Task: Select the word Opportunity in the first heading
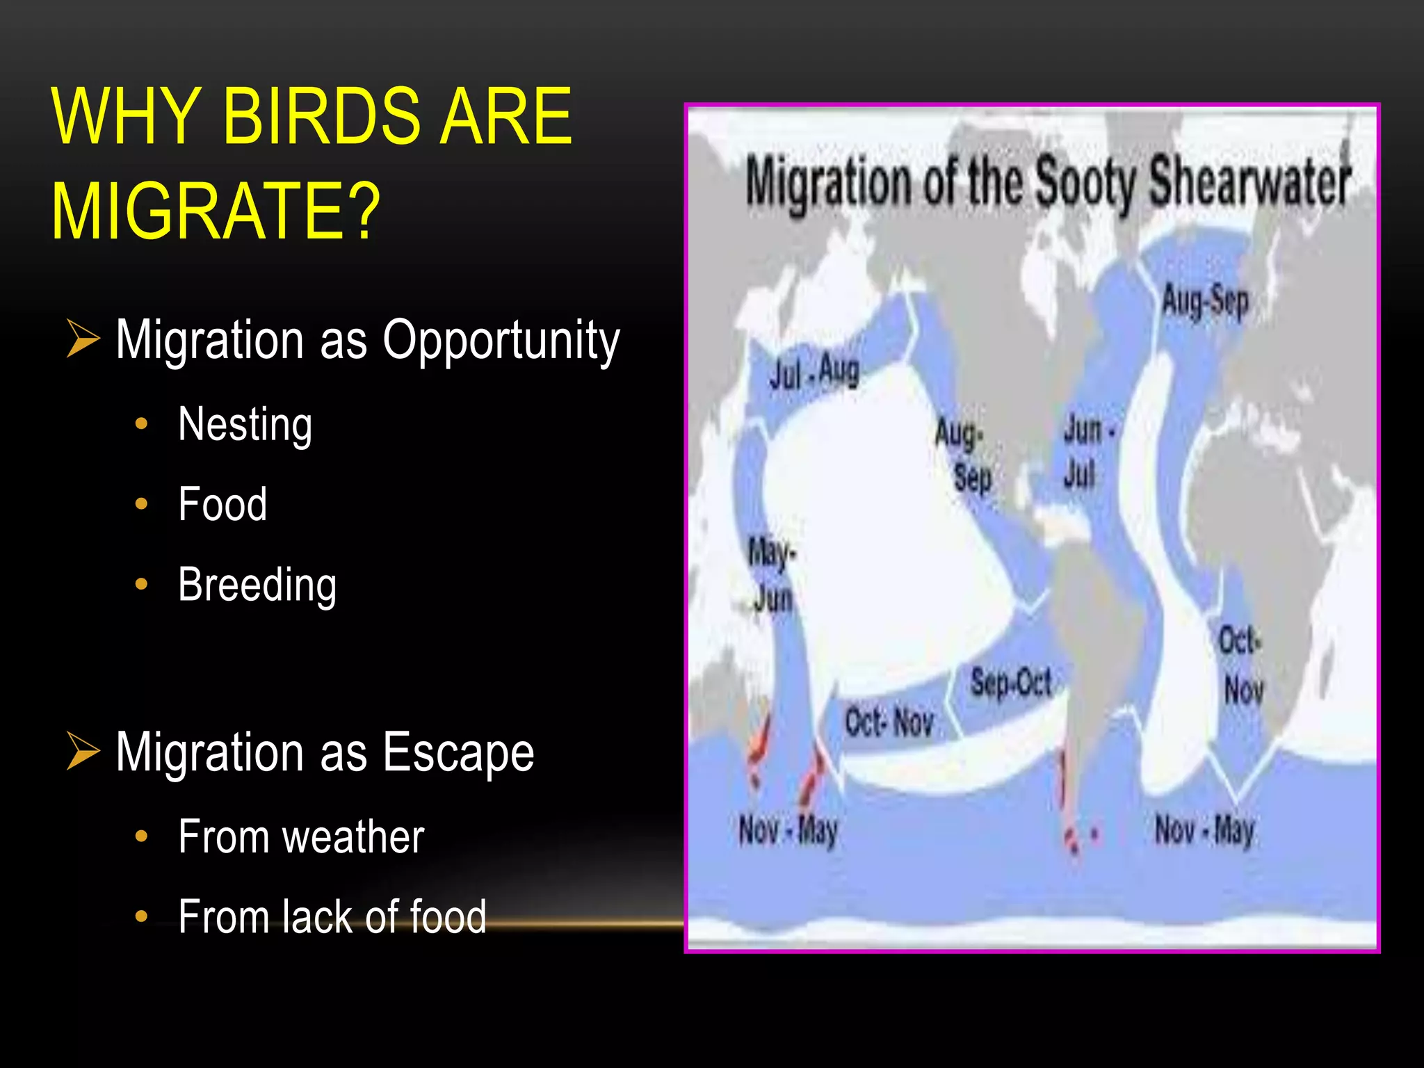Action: coord(501,341)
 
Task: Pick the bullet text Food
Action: coord(222,504)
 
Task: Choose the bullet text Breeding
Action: coord(257,585)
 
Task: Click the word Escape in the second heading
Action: coord(458,752)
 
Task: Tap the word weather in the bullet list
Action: coord(353,836)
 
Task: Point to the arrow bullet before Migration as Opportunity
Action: coord(83,339)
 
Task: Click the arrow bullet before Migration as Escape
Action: coord(83,751)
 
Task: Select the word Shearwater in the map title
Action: coord(1249,182)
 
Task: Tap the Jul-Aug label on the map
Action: coord(814,372)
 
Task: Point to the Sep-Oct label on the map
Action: coord(1010,682)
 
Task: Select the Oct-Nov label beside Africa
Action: coord(1242,664)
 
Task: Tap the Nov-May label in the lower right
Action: coord(1204,830)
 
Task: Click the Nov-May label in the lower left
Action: coord(788,830)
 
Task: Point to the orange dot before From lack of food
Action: coord(142,916)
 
